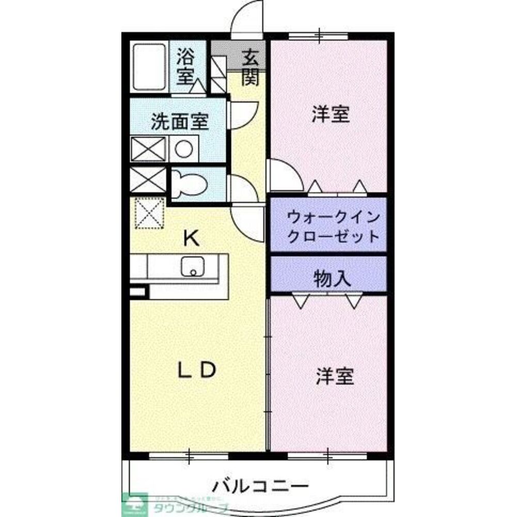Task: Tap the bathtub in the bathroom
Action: pyautogui.click(x=148, y=67)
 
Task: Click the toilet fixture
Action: pyautogui.click(x=189, y=184)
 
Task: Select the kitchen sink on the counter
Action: pyautogui.click(x=193, y=267)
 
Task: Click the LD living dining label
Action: pyautogui.click(x=196, y=370)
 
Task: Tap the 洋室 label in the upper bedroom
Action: pyautogui.click(x=331, y=114)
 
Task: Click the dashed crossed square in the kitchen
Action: pyautogui.click(x=150, y=213)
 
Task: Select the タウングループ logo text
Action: pyautogui.click(x=191, y=507)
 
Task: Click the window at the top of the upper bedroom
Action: pyautogui.click(x=318, y=36)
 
